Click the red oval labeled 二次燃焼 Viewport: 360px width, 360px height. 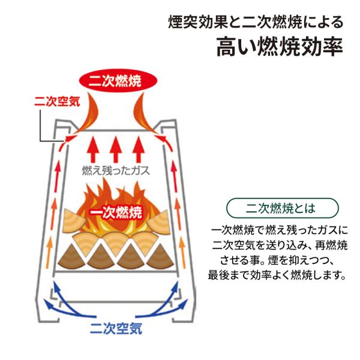[118, 80]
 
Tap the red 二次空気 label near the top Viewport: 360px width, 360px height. [57, 101]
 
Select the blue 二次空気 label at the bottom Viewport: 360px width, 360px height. [116, 328]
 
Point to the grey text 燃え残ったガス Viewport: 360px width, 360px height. [116, 171]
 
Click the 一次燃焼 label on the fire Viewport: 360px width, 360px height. [116, 212]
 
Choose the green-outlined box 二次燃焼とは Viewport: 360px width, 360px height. [283, 208]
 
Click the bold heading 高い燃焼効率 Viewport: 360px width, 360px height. [280, 47]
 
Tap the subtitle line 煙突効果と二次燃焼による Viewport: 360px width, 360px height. [256, 22]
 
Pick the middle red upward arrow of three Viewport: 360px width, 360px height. [116, 149]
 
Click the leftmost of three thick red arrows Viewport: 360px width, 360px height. [93, 149]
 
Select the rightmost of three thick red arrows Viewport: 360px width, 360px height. [139, 149]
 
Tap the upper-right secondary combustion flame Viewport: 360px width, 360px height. [144, 113]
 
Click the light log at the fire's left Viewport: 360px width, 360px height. [73, 221]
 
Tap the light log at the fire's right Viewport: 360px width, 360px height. [158, 221]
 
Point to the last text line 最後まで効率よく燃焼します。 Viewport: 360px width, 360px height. [277, 275]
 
